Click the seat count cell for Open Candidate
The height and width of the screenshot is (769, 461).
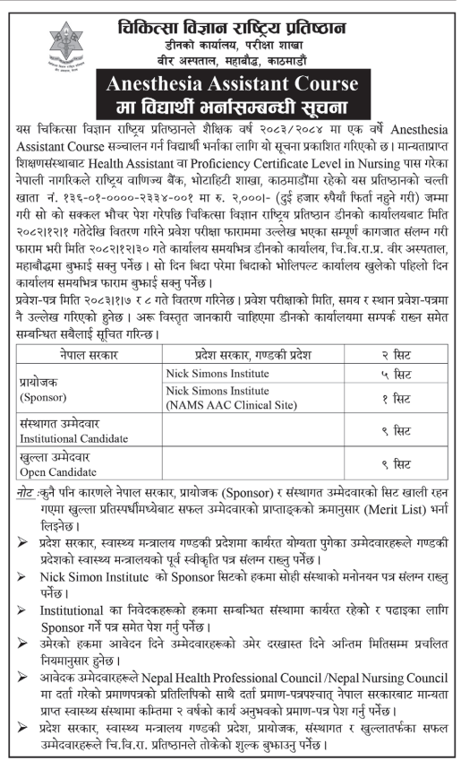coord(395,467)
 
